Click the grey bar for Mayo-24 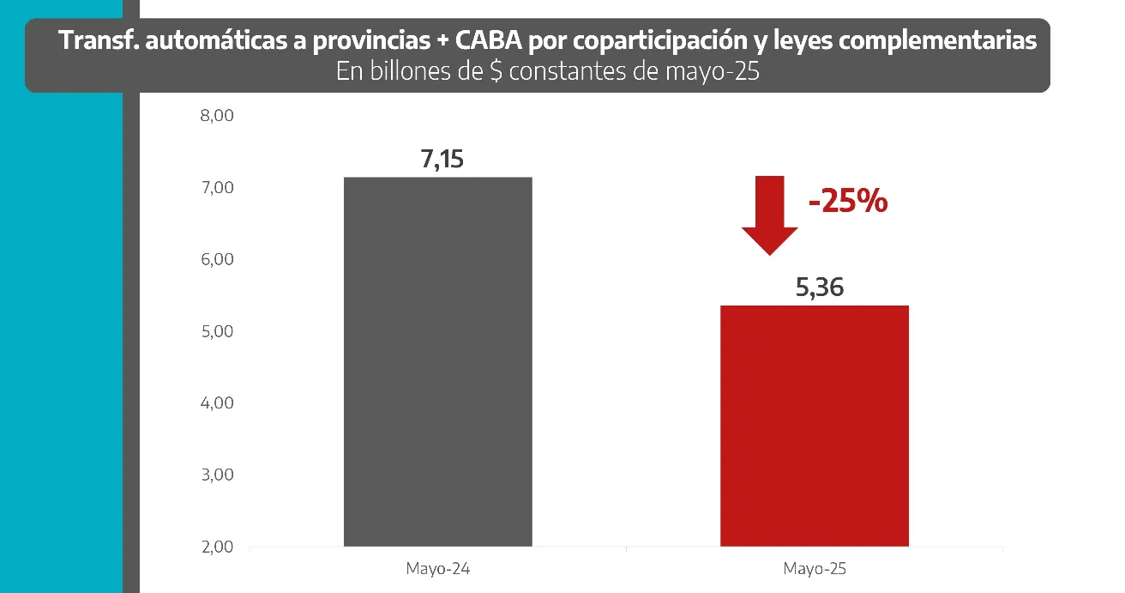[437, 361]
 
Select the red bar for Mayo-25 [814, 426]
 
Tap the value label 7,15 [442, 160]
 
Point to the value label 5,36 [819, 287]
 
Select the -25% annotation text [847, 203]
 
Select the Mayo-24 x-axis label [437, 568]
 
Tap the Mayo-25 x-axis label [814, 568]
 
